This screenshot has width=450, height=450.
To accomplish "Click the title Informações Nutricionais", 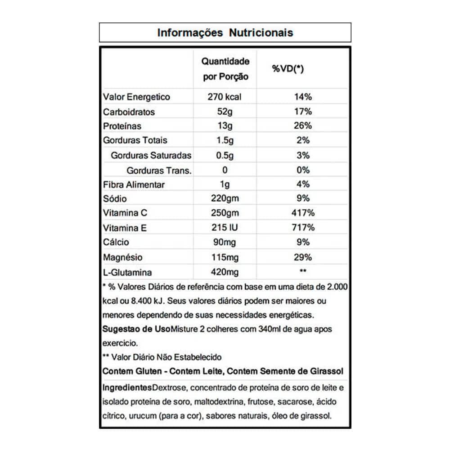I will click(x=225, y=33).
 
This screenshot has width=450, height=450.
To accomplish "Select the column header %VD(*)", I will click(x=288, y=69).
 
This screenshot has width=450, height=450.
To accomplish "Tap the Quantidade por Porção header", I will click(x=225, y=68).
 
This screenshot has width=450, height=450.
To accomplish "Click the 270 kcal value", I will click(x=225, y=97).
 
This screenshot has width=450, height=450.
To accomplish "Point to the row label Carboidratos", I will click(x=129, y=112).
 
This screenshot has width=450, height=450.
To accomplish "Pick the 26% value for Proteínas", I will click(x=303, y=126).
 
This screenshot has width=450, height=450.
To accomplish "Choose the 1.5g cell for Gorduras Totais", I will click(x=225, y=140).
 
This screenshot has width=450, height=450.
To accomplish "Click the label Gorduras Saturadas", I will click(x=151, y=155).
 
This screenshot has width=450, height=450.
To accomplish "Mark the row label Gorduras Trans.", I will click(x=159, y=170).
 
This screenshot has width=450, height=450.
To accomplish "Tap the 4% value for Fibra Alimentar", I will click(x=303, y=184).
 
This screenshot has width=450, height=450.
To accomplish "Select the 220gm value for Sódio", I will click(x=225, y=198).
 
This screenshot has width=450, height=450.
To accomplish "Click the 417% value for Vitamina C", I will click(x=303, y=213).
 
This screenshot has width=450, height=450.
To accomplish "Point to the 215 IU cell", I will click(x=225, y=228).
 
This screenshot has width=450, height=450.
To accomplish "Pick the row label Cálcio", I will click(x=116, y=242).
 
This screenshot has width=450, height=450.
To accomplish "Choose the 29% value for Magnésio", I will click(x=303, y=257).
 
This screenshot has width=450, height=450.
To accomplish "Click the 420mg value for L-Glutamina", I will click(x=225, y=272).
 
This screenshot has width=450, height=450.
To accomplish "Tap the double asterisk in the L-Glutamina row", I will click(x=303, y=271).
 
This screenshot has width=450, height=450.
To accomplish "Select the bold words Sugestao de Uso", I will click(x=136, y=329).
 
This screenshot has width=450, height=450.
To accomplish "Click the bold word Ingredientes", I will click(x=127, y=387).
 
